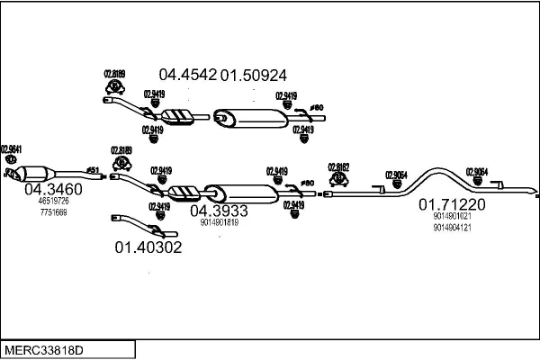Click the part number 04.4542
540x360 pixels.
click(188, 75)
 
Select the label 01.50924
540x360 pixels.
click(255, 75)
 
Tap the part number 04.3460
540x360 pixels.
click(53, 189)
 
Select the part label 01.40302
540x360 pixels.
click(148, 247)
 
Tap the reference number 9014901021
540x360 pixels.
click(452, 216)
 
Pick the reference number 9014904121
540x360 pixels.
click(452, 228)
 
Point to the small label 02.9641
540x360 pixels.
click(12, 148)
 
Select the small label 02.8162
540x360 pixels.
click(338, 166)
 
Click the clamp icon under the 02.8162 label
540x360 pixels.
click(339, 179)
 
